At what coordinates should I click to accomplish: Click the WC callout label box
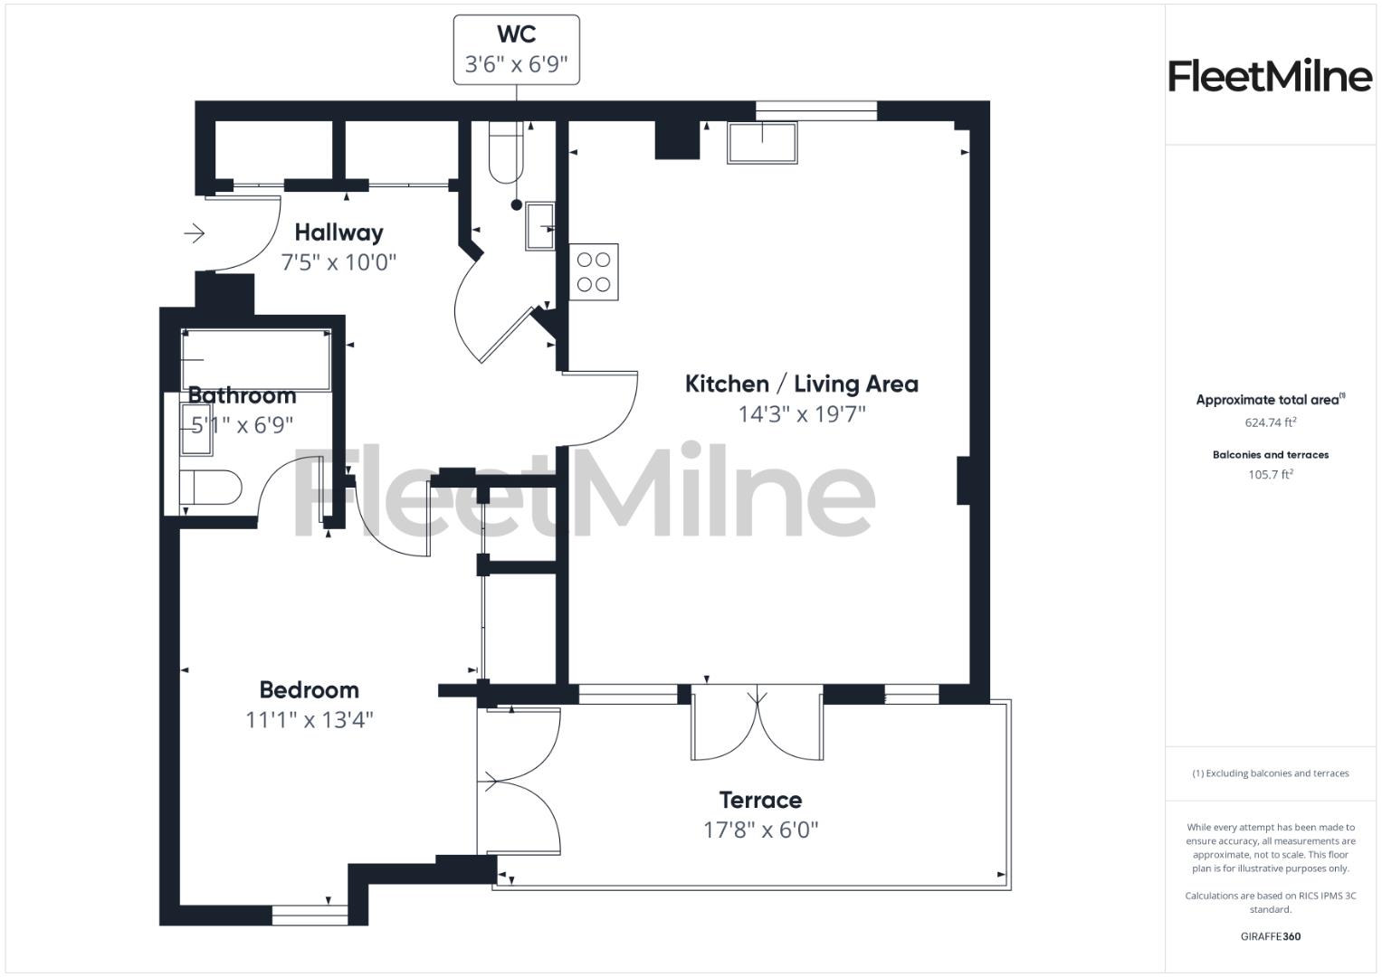click(516, 50)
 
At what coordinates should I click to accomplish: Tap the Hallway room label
click(338, 232)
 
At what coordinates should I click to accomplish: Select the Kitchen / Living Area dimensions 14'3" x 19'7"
click(802, 414)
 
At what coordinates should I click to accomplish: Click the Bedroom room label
click(309, 690)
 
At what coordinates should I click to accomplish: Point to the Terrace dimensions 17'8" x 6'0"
click(760, 830)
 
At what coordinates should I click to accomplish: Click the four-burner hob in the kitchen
click(594, 272)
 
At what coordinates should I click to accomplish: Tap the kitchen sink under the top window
click(762, 143)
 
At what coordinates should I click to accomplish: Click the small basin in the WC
click(540, 226)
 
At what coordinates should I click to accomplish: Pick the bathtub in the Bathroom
click(256, 359)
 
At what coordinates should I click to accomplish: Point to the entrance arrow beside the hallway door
click(195, 234)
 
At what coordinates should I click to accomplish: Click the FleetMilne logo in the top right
click(1270, 76)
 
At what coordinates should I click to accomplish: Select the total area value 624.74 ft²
click(1270, 422)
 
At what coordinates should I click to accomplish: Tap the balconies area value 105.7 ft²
click(1270, 475)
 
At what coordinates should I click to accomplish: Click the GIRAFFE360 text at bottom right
click(1270, 936)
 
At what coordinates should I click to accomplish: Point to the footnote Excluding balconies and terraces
click(1270, 773)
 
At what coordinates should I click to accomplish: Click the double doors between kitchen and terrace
click(757, 724)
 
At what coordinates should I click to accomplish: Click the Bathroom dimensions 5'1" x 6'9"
click(242, 425)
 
